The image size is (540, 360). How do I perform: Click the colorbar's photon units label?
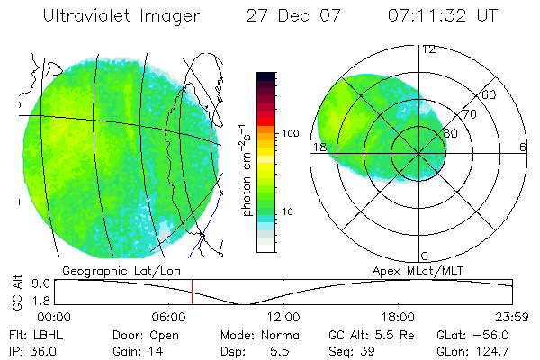[x=247, y=170]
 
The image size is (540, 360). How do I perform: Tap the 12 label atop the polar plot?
[x=429, y=49]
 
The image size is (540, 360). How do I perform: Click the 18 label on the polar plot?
[x=319, y=147]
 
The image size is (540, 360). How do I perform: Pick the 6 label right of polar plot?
[x=523, y=147]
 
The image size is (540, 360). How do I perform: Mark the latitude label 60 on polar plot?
[x=489, y=94]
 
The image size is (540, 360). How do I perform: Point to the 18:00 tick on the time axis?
[x=398, y=317]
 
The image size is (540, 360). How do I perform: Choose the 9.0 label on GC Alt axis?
[x=40, y=283]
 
